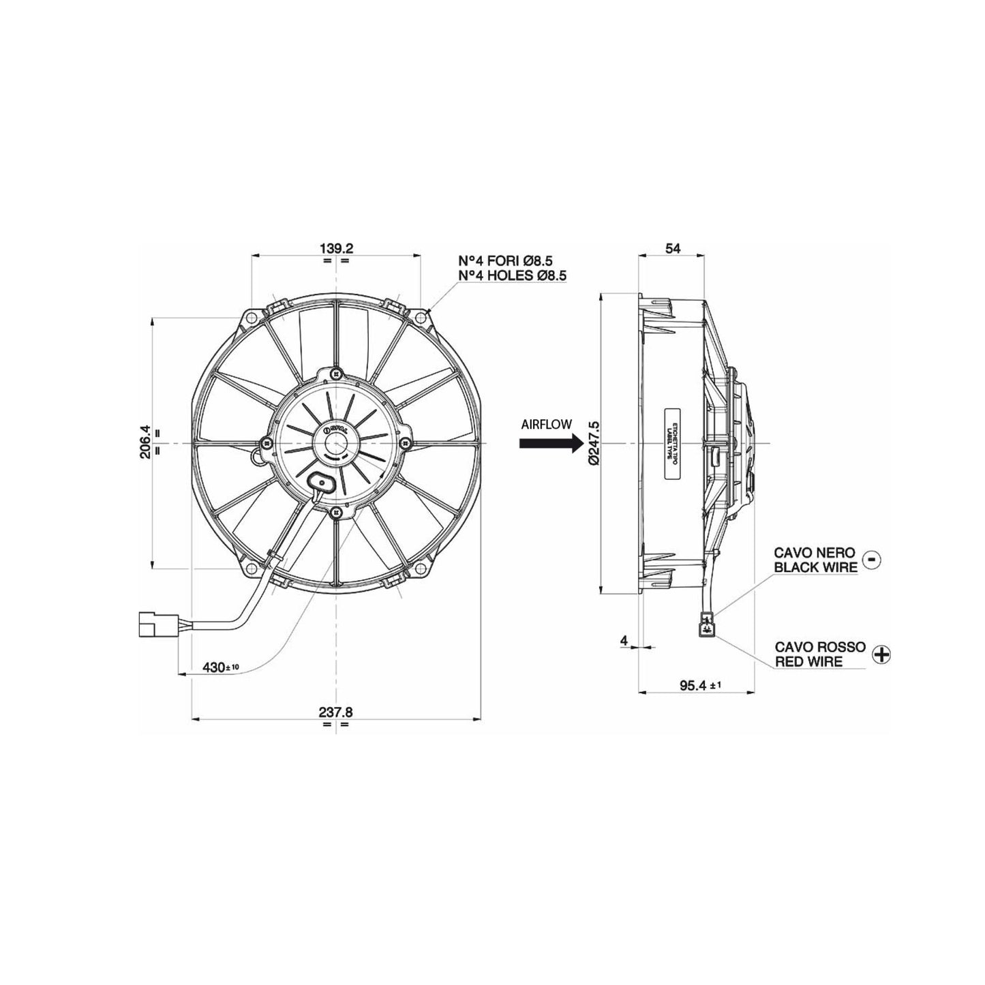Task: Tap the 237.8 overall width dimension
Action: coord(335,712)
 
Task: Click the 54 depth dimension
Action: coord(672,249)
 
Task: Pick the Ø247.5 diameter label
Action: coord(592,443)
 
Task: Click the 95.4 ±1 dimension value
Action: coord(695,685)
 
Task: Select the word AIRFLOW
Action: coord(546,424)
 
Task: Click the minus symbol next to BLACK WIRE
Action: coord(872,559)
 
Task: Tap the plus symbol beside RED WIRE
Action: coord(881,654)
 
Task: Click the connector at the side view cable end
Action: coord(708,623)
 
